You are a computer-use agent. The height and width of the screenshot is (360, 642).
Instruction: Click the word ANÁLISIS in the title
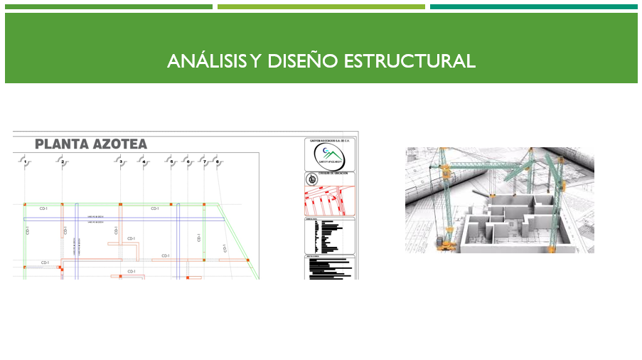[206, 61]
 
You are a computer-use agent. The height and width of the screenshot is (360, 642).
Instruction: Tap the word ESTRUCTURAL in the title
[410, 61]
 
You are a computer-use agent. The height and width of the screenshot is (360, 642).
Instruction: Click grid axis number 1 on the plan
[25, 162]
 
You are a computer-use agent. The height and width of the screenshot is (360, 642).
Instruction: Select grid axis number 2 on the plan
[63, 162]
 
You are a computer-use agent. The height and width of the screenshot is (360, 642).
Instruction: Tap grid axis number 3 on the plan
[121, 162]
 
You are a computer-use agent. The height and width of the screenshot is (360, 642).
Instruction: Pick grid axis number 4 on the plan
[144, 162]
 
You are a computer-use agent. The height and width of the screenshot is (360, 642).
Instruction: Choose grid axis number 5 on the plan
[171, 162]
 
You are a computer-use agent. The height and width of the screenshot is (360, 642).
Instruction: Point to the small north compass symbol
[311, 179]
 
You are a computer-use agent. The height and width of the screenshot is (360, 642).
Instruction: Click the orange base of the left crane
[450, 244]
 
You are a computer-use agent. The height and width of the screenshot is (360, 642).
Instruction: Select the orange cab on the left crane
[446, 173]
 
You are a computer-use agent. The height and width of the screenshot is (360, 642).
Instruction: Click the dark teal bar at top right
[533, 7]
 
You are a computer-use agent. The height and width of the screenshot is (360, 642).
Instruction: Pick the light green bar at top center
[321, 7]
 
